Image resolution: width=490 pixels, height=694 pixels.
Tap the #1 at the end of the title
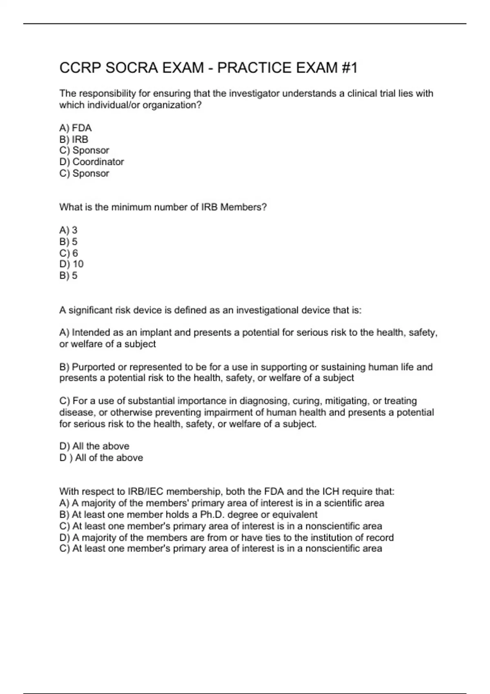(x=349, y=68)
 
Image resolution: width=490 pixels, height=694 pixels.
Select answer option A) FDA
(x=76, y=128)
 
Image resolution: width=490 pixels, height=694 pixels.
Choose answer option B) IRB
(x=74, y=139)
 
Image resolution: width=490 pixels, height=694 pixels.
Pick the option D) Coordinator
(x=91, y=162)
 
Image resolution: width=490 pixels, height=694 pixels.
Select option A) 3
(x=68, y=230)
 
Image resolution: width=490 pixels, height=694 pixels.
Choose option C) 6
(x=69, y=253)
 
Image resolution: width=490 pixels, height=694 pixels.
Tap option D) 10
(x=71, y=264)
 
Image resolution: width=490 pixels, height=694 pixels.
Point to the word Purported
(x=94, y=367)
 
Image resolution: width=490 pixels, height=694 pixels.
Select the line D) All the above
(x=94, y=446)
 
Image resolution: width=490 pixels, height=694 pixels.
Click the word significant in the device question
(x=90, y=310)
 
